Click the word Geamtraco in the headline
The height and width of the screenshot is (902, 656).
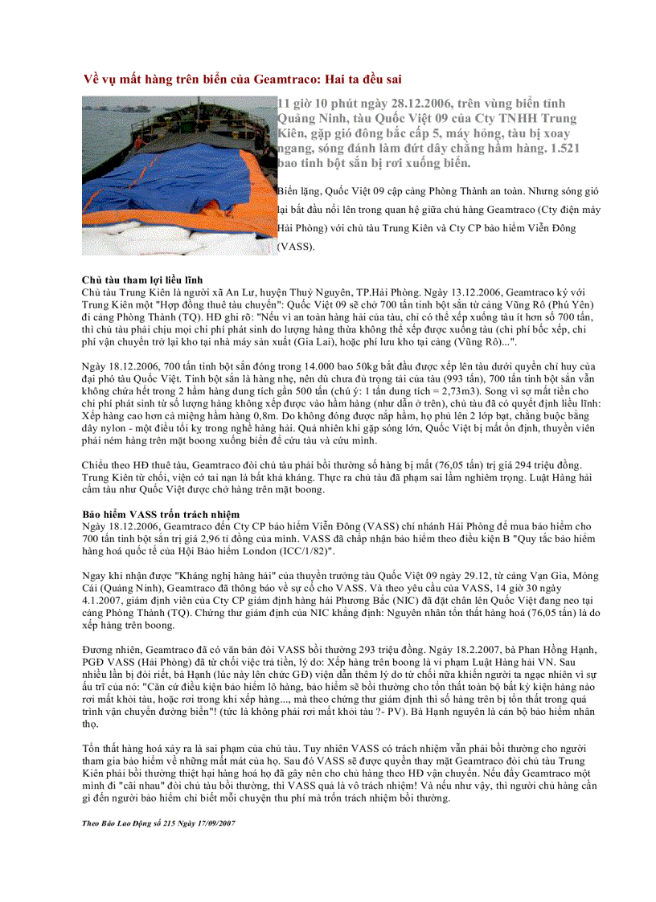coord(285,80)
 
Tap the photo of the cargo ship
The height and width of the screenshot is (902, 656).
coord(178,175)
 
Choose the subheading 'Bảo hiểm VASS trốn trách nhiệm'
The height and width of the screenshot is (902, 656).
coord(154,513)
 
